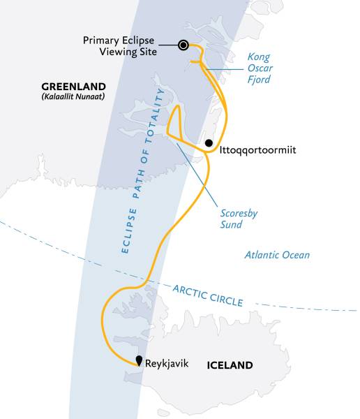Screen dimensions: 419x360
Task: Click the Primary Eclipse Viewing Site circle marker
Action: point(183,45)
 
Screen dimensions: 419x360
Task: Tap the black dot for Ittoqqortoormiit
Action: point(209,143)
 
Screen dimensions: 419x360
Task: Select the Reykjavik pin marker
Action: point(140,361)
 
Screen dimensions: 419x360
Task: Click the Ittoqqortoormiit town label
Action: point(253,149)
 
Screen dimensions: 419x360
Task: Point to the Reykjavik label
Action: point(168,364)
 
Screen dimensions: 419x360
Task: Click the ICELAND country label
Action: point(230,365)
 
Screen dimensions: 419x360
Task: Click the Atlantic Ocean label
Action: point(277,255)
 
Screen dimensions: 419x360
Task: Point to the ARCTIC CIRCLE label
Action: point(209,295)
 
